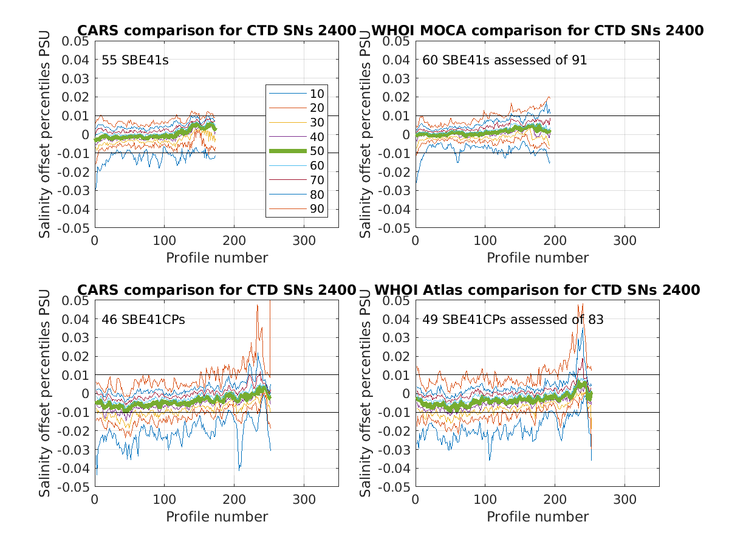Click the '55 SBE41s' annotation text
click(134, 60)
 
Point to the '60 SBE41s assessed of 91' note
click(505, 60)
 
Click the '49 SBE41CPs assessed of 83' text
click(513, 319)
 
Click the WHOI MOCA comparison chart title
click(537, 30)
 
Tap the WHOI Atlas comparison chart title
click(537, 290)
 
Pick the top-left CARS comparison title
click(216, 30)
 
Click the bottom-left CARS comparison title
click(216, 290)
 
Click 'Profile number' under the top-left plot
click(217, 258)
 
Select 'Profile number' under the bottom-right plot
click(538, 517)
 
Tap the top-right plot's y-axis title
click(366, 134)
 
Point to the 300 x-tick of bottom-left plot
click(304, 499)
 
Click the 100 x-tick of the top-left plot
click(165, 240)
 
